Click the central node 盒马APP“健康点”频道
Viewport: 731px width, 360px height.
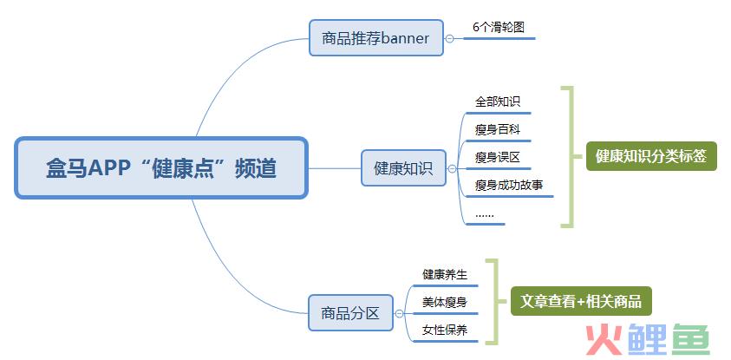(x=161, y=168)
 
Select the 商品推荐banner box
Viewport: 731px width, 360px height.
(x=375, y=38)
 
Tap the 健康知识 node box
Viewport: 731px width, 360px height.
(x=403, y=168)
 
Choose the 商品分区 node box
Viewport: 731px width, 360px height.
(x=350, y=313)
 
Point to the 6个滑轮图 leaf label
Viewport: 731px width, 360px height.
(x=499, y=27)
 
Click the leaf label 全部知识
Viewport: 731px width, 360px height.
(x=498, y=101)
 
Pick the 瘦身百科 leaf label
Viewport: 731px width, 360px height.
(x=498, y=129)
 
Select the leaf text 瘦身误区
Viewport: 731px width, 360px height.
(x=498, y=158)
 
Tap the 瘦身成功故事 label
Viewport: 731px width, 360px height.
(x=509, y=186)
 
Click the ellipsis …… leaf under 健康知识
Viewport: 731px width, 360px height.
(x=485, y=215)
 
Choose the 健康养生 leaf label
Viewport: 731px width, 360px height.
(x=445, y=274)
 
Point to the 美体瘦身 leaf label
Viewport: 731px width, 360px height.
(x=445, y=302)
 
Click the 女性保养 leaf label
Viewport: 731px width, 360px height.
(x=445, y=331)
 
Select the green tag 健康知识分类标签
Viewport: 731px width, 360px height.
(x=651, y=156)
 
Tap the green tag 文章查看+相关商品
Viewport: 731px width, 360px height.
(x=581, y=301)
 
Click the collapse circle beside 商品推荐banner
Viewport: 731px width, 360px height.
(x=449, y=39)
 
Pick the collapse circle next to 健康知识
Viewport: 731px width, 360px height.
(x=452, y=169)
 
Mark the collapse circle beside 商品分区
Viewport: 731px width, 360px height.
(x=399, y=314)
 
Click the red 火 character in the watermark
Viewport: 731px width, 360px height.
(x=604, y=340)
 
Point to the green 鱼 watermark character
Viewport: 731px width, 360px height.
(x=691, y=340)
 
